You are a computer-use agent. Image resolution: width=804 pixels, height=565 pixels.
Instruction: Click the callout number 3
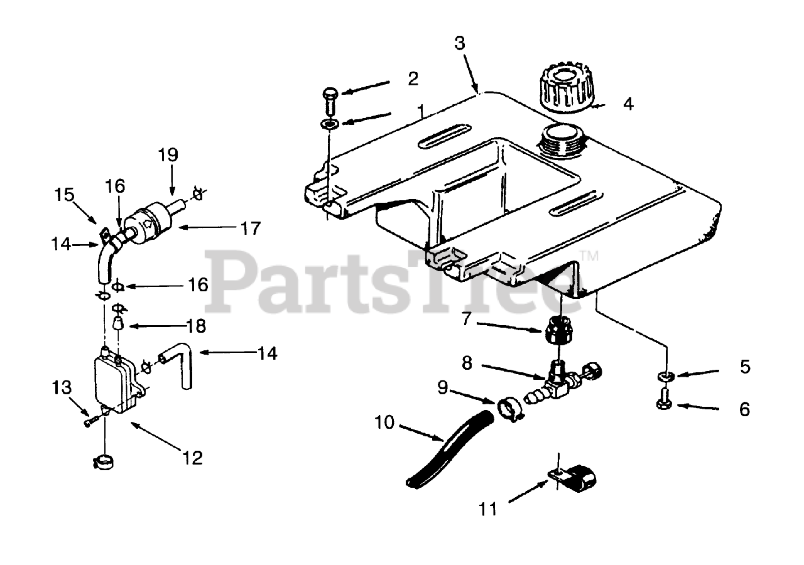460,43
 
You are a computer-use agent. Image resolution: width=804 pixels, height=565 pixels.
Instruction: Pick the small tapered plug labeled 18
117,325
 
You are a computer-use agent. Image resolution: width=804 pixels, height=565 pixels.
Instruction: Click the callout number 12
193,458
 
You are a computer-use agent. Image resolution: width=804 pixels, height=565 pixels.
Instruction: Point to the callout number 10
384,422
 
